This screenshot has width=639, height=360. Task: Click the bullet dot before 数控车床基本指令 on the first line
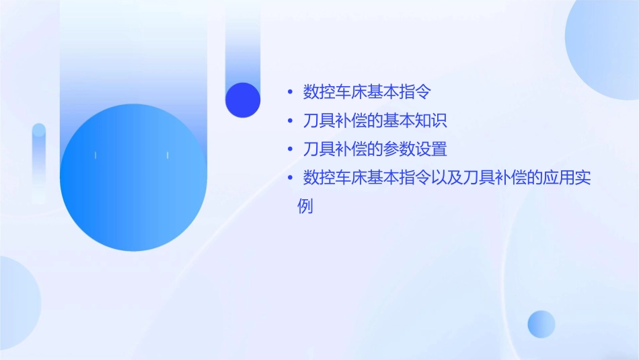[x=289, y=92]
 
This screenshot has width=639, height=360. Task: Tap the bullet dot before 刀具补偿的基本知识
[x=289, y=121]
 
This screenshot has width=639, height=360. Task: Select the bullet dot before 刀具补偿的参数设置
[x=289, y=149]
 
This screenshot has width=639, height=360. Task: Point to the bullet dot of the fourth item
[x=289, y=178]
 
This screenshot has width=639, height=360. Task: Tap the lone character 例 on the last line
[x=305, y=206]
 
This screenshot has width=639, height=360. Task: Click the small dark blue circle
[x=243, y=100]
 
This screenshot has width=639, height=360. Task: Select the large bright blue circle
[x=133, y=178]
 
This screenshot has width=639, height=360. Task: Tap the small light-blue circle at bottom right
[x=541, y=324]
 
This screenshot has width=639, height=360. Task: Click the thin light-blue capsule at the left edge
[x=39, y=161]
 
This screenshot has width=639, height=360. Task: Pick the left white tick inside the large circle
[x=96, y=155]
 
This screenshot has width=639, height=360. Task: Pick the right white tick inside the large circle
[x=167, y=155]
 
